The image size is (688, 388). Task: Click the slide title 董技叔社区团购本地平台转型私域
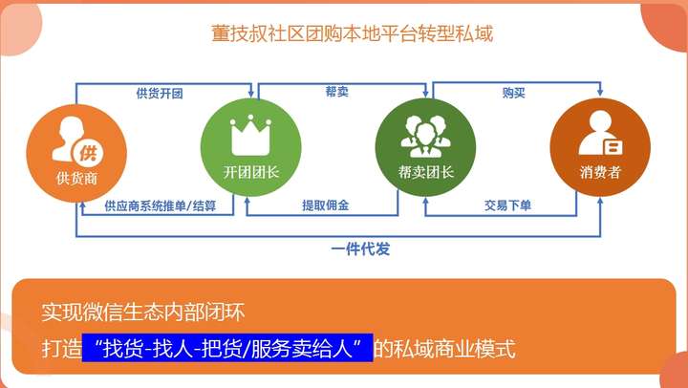[x=353, y=33]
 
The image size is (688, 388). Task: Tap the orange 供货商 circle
[x=76, y=154]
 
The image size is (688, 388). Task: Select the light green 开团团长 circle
[x=251, y=147]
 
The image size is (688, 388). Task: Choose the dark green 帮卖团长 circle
[x=425, y=147]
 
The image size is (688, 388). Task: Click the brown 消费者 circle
[x=600, y=147]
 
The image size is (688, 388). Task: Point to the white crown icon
[x=250, y=135]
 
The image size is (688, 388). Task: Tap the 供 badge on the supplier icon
[x=88, y=153]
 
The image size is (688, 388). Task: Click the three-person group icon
[x=425, y=136]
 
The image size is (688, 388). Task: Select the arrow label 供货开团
[x=160, y=94]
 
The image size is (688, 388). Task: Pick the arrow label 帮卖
[x=337, y=92]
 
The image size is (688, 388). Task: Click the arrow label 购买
[x=514, y=93]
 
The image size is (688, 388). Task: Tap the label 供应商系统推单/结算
[x=161, y=205]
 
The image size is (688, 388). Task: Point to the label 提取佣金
[x=326, y=205]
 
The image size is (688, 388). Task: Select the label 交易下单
[x=507, y=205]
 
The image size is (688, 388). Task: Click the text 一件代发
[x=360, y=249]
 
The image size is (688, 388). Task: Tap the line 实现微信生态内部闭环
[x=143, y=313]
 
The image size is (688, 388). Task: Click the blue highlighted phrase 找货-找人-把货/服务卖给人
[x=227, y=348]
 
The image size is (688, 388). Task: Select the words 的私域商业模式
[x=444, y=349]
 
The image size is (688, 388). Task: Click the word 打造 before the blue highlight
[x=61, y=349]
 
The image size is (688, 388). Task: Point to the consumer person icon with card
[x=601, y=133]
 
